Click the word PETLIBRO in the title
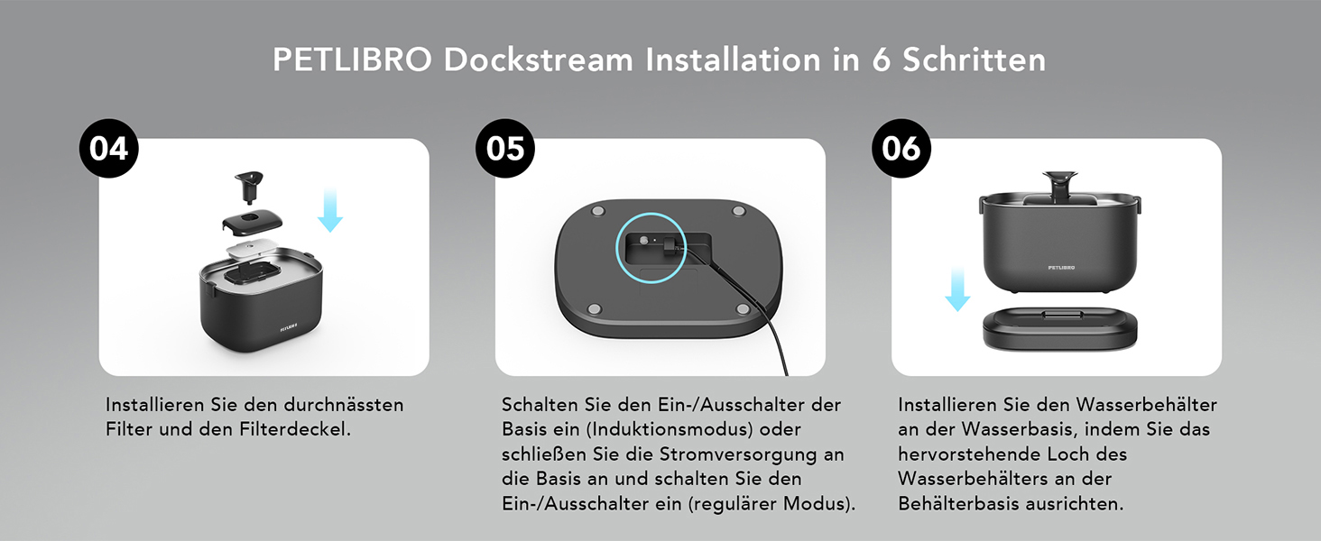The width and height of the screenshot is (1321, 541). click(x=352, y=60)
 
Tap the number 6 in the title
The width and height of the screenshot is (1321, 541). click(x=881, y=60)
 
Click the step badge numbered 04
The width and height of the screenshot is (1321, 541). click(x=108, y=149)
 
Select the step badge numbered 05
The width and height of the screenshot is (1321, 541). click(x=504, y=149)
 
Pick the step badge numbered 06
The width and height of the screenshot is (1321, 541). click(x=901, y=149)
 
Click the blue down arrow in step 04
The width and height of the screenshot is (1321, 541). click(x=330, y=210)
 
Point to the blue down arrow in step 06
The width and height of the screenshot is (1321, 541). click(x=957, y=289)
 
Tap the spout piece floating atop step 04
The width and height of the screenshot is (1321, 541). click(x=248, y=188)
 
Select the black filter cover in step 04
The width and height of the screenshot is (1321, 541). click(x=252, y=222)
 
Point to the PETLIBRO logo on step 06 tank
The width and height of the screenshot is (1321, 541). click(x=1061, y=268)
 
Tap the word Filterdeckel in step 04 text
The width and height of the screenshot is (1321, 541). click(x=295, y=429)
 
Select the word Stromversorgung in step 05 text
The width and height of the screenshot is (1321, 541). click(x=744, y=454)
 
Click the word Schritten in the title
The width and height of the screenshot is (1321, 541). click(x=974, y=60)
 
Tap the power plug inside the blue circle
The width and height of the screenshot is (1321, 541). click(x=671, y=247)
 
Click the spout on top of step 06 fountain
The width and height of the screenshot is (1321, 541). click(x=1059, y=185)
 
